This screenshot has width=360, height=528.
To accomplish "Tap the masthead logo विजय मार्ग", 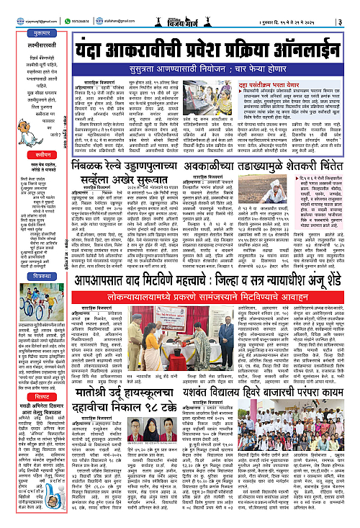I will point(181,9).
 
